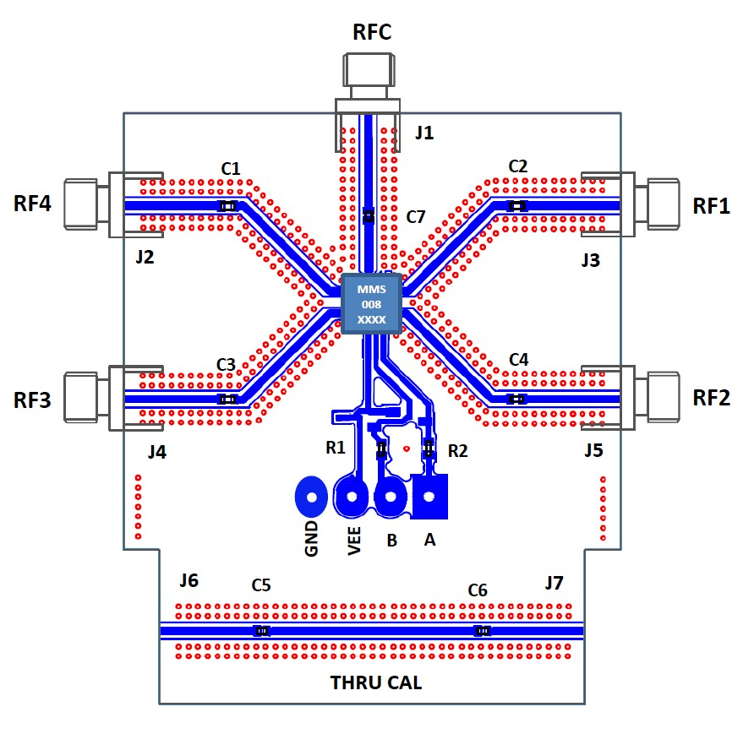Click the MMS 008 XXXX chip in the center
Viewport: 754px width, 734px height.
(x=372, y=304)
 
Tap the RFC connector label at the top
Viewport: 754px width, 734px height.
(x=372, y=33)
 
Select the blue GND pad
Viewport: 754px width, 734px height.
(x=311, y=497)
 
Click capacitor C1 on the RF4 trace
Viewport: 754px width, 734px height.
(x=227, y=206)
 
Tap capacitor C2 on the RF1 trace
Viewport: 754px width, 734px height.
(x=516, y=205)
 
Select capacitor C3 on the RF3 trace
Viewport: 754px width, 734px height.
(x=227, y=399)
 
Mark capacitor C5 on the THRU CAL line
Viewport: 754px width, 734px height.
(x=262, y=631)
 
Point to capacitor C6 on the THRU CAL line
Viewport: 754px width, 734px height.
(x=483, y=631)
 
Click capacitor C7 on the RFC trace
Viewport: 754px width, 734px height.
(x=368, y=216)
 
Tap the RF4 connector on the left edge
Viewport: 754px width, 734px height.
(x=85, y=204)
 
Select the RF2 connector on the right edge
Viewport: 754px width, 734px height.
(x=659, y=398)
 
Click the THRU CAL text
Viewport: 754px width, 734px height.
(x=375, y=682)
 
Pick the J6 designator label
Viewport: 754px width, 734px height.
(x=188, y=580)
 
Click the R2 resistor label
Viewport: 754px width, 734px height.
(x=457, y=451)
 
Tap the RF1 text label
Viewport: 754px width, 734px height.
(x=711, y=205)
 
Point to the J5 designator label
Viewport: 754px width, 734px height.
(x=593, y=451)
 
